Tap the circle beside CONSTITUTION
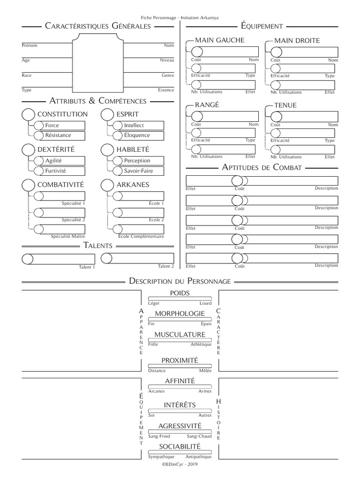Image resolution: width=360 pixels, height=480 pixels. click(x=28, y=114)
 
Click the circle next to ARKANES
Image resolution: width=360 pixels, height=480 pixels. click(x=108, y=185)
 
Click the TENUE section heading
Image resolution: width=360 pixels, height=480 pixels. click(x=285, y=105)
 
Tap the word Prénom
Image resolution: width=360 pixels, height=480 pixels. click(x=30, y=45)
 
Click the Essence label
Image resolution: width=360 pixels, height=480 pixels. click(x=166, y=90)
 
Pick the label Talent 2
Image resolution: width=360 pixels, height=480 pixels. click(x=166, y=266)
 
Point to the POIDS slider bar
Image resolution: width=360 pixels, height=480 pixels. click(x=180, y=299)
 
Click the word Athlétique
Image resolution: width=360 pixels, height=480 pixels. click(x=201, y=345)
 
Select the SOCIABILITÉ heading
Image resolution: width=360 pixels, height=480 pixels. click(x=180, y=447)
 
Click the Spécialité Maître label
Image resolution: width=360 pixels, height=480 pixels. click(x=68, y=236)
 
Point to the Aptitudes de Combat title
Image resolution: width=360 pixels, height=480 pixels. click(x=262, y=168)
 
